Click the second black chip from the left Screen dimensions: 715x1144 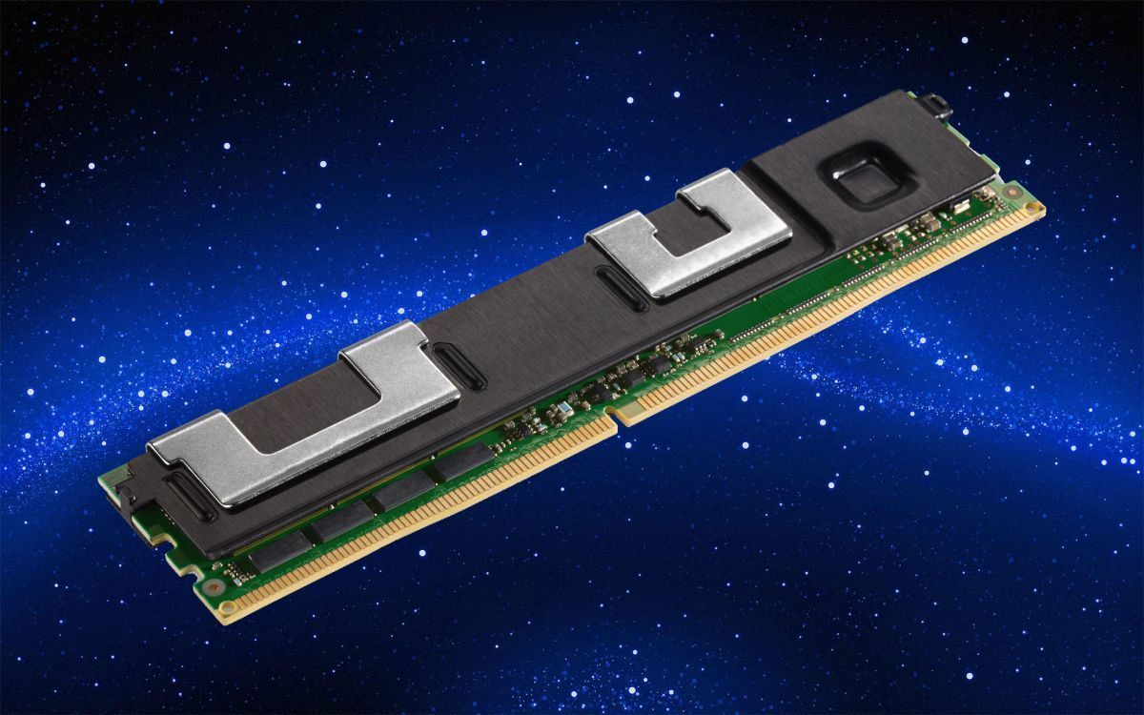pos(342,521)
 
